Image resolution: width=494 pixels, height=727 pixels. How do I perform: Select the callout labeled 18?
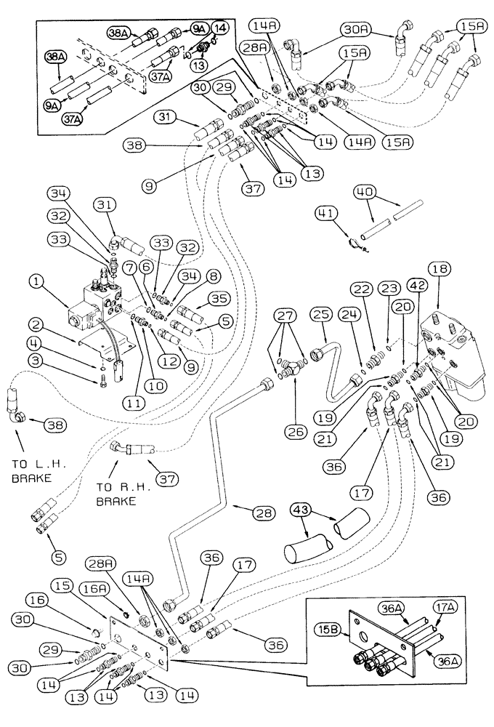click(x=440, y=269)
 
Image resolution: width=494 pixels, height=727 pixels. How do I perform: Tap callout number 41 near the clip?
click(x=325, y=213)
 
